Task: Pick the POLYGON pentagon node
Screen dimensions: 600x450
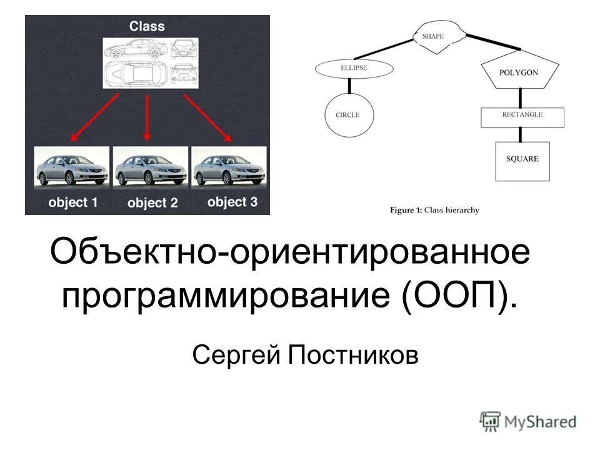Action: point(519,72)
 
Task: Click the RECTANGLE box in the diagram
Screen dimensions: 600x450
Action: point(522,116)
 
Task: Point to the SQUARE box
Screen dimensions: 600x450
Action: point(522,160)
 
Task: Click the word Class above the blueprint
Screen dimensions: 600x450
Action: point(147,26)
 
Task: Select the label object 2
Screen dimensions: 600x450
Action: point(152,202)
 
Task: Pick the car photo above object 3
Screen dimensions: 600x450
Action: point(229,167)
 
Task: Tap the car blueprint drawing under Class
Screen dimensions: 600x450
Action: point(150,63)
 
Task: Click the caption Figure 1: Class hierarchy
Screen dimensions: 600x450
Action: point(434,210)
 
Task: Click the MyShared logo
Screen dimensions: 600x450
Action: point(528,421)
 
